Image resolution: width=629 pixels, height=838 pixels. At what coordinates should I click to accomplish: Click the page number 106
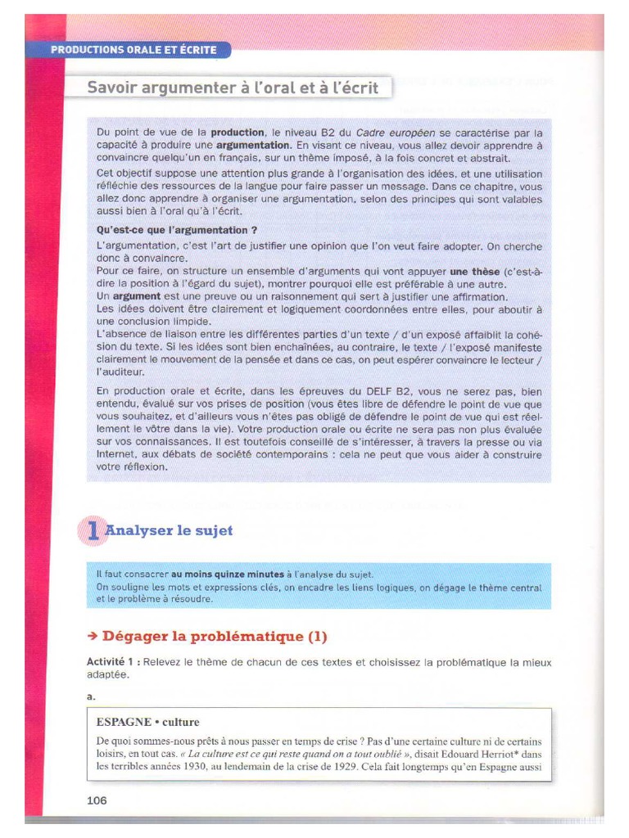97,800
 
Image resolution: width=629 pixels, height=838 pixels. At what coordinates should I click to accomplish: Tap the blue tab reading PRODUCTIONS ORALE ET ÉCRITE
133,50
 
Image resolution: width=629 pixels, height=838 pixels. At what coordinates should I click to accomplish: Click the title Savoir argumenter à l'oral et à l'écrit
233,87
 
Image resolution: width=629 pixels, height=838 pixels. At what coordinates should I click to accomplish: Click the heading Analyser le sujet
170,530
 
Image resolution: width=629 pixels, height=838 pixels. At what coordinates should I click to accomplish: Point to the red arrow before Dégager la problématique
93,636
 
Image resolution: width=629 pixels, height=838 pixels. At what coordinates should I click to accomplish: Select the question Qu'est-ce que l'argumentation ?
177,230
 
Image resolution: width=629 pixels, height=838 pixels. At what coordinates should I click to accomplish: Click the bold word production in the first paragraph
238,132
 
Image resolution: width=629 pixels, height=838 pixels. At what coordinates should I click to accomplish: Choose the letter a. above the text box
90,696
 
